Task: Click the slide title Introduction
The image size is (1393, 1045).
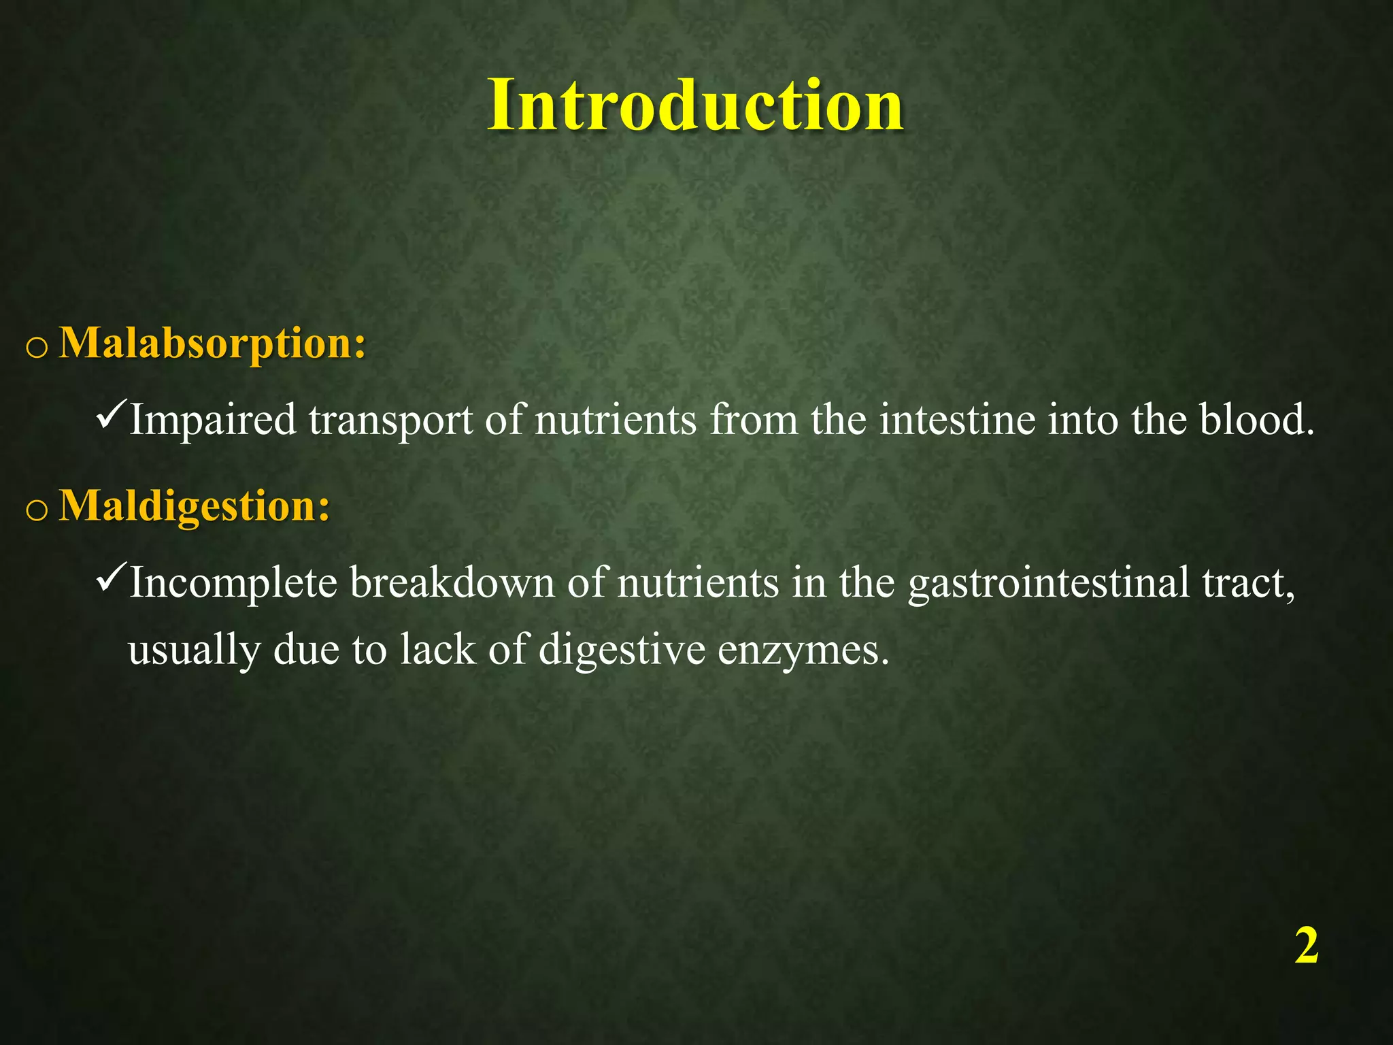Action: [695, 105]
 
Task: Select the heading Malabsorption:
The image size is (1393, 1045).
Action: [213, 344]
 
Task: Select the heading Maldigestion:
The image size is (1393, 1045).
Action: [195, 507]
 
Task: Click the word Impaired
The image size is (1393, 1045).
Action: [213, 420]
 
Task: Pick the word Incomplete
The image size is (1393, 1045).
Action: [233, 584]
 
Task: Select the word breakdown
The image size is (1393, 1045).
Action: [452, 583]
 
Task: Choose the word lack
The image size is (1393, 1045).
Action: [437, 650]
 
